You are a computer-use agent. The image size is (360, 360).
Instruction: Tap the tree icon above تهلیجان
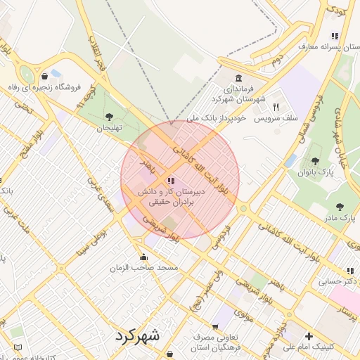(108, 117)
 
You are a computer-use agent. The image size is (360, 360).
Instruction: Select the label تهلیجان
(109, 128)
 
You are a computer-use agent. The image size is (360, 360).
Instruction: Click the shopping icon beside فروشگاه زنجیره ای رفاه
(45, 77)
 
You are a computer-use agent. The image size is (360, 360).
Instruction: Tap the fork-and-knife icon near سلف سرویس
(276, 107)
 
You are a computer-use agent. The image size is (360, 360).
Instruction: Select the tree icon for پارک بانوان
(314, 161)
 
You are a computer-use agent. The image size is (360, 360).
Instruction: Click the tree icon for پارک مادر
(340, 207)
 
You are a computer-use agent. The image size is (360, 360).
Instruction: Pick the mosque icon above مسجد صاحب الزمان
(144, 257)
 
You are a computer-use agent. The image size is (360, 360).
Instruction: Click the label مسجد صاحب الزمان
(144, 268)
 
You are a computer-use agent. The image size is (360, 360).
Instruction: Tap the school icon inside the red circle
(171, 181)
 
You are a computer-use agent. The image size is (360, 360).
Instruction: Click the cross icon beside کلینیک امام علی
(309, 335)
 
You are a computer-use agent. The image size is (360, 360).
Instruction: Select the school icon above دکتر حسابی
(349, 271)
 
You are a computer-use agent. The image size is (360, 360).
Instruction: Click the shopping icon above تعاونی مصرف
(216, 327)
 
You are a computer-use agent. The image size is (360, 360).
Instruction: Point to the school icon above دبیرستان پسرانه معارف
(335, 35)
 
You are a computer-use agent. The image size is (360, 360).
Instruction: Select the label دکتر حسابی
(334, 282)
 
